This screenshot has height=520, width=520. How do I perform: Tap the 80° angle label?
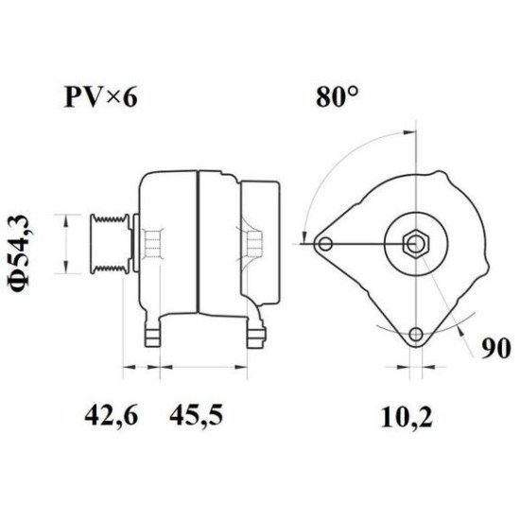pyautogui.click(x=337, y=96)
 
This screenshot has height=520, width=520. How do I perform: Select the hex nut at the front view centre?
pyautogui.click(x=415, y=244)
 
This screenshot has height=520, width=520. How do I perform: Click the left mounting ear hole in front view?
pyautogui.click(x=325, y=244)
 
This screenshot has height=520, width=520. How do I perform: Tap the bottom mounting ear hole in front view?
pyautogui.click(x=415, y=335)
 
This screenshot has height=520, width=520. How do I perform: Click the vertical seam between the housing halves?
pyautogui.click(x=197, y=244)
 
